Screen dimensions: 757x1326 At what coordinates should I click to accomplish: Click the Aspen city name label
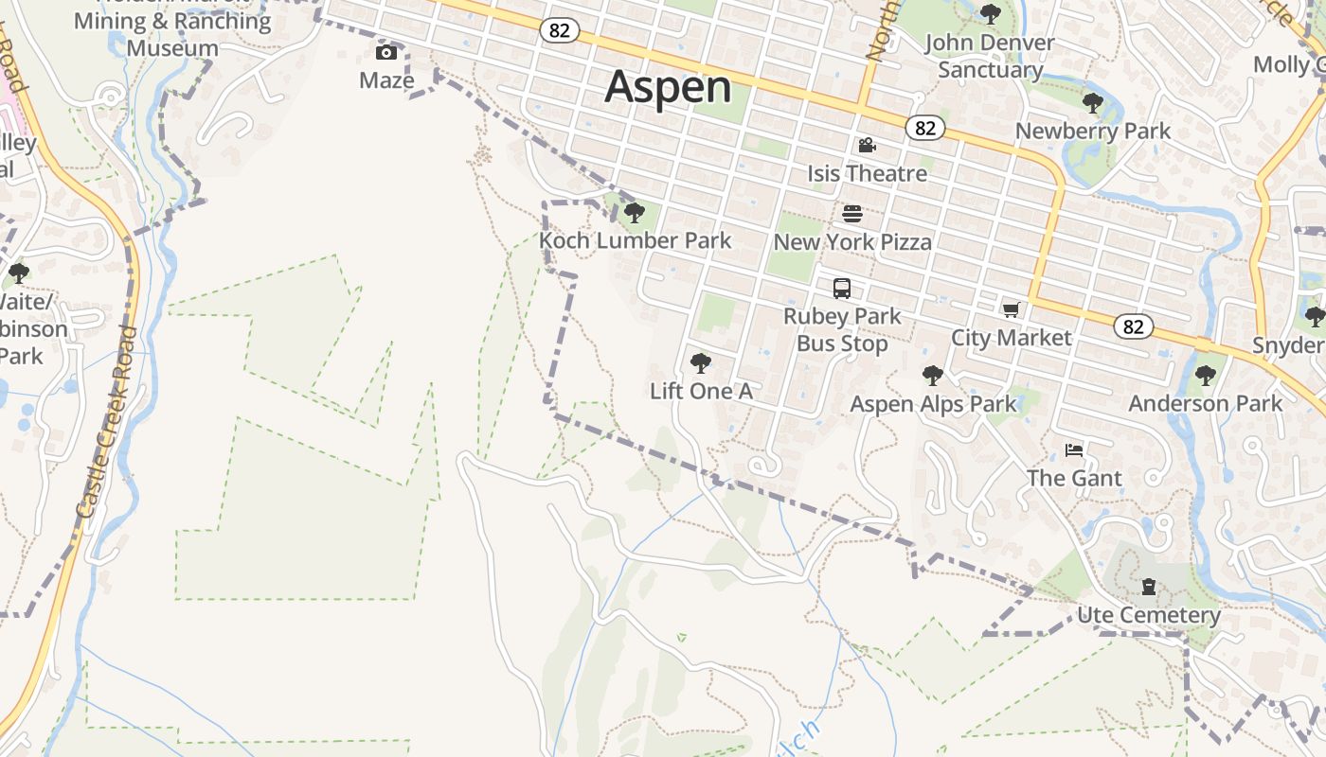point(668,87)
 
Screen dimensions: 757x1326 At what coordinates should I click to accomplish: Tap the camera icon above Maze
point(386,52)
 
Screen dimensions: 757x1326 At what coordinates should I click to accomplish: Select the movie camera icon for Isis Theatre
point(867,145)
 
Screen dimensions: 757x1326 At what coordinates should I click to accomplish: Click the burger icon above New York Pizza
point(852,213)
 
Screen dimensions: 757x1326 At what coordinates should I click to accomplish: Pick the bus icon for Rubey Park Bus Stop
point(841,289)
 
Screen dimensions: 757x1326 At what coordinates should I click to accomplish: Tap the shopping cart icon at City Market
point(1012,309)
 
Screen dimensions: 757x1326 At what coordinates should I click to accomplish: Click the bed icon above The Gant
point(1074,449)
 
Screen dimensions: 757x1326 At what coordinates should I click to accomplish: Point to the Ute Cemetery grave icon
point(1149,587)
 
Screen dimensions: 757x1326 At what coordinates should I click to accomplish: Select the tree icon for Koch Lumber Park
point(635,212)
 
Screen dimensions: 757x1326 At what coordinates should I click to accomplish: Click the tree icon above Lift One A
point(701,362)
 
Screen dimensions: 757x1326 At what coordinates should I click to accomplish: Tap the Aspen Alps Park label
point(933,404)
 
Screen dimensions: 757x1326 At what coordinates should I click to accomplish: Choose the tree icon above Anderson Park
point(1205,375)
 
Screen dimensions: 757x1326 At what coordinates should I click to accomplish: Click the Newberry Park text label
point(1093,131)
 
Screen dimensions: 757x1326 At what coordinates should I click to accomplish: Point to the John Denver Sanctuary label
point(990,56)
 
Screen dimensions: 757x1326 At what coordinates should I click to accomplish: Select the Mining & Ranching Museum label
point(172,34)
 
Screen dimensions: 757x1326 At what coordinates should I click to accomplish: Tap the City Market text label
point(1012,338)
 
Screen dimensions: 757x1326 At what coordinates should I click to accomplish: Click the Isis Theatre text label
point(867,173)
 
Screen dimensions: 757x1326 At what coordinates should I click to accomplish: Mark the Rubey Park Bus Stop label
point(842,329)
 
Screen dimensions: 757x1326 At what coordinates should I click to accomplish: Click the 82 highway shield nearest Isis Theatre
point(924,127)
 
